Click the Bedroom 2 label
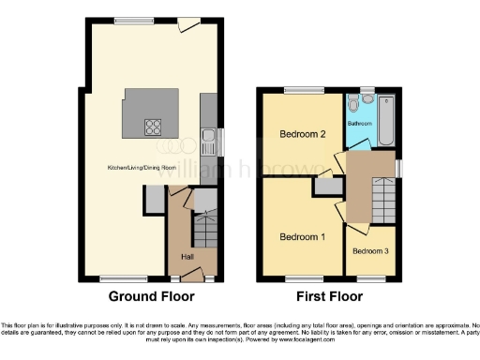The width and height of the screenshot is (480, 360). (303, 134)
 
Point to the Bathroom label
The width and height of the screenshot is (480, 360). (361, 123)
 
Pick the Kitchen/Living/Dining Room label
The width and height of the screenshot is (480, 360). (142, 168)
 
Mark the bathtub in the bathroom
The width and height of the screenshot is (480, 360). (385, 120)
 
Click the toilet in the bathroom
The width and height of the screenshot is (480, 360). (352, 102)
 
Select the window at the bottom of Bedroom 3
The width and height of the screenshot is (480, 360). (369, 277)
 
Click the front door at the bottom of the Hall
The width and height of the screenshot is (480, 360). (192, 275)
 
